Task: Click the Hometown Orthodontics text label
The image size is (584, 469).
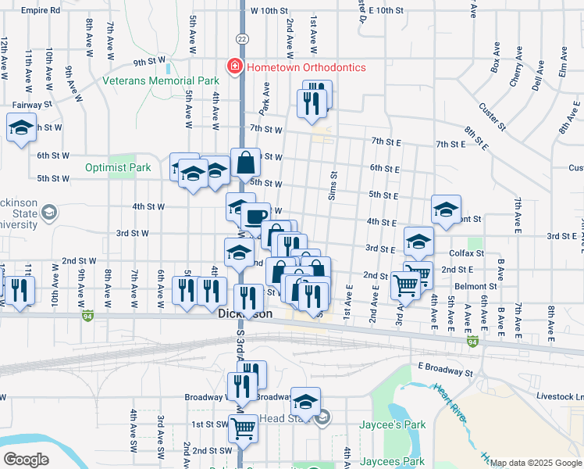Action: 306,67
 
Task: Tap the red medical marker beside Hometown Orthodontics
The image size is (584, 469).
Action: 233,67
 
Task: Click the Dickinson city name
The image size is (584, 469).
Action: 244,313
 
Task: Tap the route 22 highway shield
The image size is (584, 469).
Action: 242,38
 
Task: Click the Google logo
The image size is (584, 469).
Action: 26,460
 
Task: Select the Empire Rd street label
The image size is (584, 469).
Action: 41,11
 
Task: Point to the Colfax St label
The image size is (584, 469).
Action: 467,253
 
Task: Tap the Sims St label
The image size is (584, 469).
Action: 333,187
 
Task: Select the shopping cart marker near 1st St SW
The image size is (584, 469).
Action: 244,428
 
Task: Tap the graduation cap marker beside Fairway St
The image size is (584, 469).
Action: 21,127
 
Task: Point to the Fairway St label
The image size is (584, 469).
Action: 32,103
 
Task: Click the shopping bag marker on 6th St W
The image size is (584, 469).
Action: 245,163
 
